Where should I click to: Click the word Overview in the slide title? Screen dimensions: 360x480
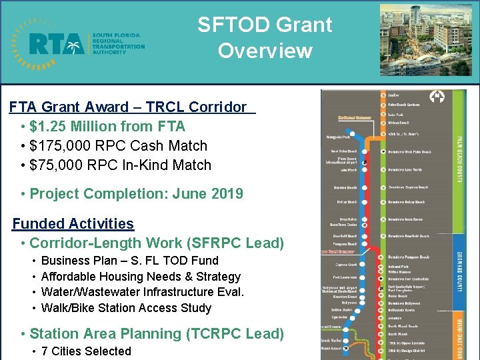(x=265, y=51)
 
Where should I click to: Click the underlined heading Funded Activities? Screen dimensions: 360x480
(x=73, y=224)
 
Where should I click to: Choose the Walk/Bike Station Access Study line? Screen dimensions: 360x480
(x=126, y=308)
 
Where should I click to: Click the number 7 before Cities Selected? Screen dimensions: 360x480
(x=44, y=351)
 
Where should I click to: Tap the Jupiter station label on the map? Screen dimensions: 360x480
(x=394, y=95)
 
